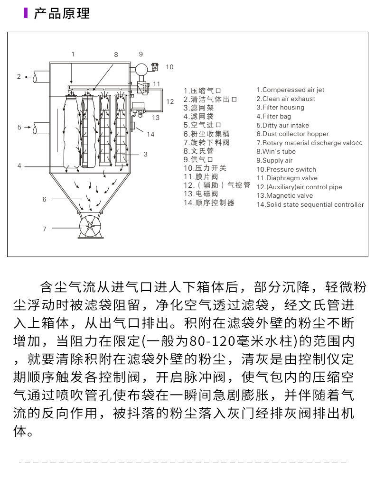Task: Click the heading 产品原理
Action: (x=62, y=13)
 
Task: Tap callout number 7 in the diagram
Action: (x=44, y=229)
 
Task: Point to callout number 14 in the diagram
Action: (x=150, y=134)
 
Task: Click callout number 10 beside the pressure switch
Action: (x=169, y=67)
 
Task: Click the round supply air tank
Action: (x=141, y=69)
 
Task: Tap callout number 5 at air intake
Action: (x=19, y=127)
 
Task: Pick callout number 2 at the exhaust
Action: (x=19, y=76)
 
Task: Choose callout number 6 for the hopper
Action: (x=44, y=199)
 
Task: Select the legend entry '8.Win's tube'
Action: (x=276, y=152)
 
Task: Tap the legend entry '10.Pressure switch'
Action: (x=286, y=169)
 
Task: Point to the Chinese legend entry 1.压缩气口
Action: (x=203, y=91)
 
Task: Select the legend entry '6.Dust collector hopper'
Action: (x=292, y=134)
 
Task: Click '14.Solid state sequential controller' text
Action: (x=310, y=205)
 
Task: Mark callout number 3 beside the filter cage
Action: (x=145, y=154)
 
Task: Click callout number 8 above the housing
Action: (x=116, y=55)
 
